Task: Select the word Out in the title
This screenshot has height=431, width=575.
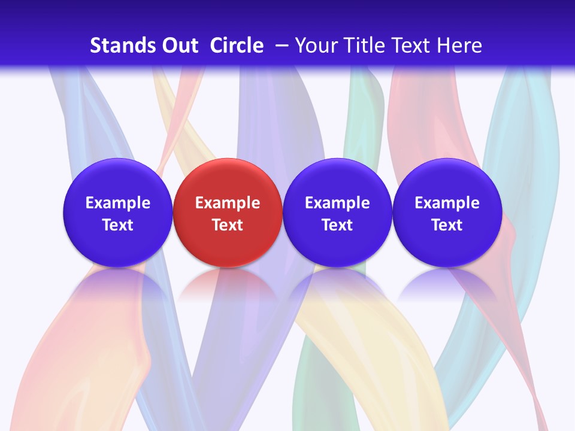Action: click(179, 45)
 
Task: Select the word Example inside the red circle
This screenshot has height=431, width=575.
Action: click(228, 203)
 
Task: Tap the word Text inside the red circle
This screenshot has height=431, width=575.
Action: click(228, 225)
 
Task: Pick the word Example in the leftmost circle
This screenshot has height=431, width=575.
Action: click(118, 203)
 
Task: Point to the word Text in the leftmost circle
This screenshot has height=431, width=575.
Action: click(118, 225)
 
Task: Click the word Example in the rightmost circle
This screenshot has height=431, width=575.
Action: click(447, 203)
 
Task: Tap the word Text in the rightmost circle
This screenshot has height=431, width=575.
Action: click(447, 225)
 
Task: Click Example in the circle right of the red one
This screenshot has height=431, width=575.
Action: click(337, 203)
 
